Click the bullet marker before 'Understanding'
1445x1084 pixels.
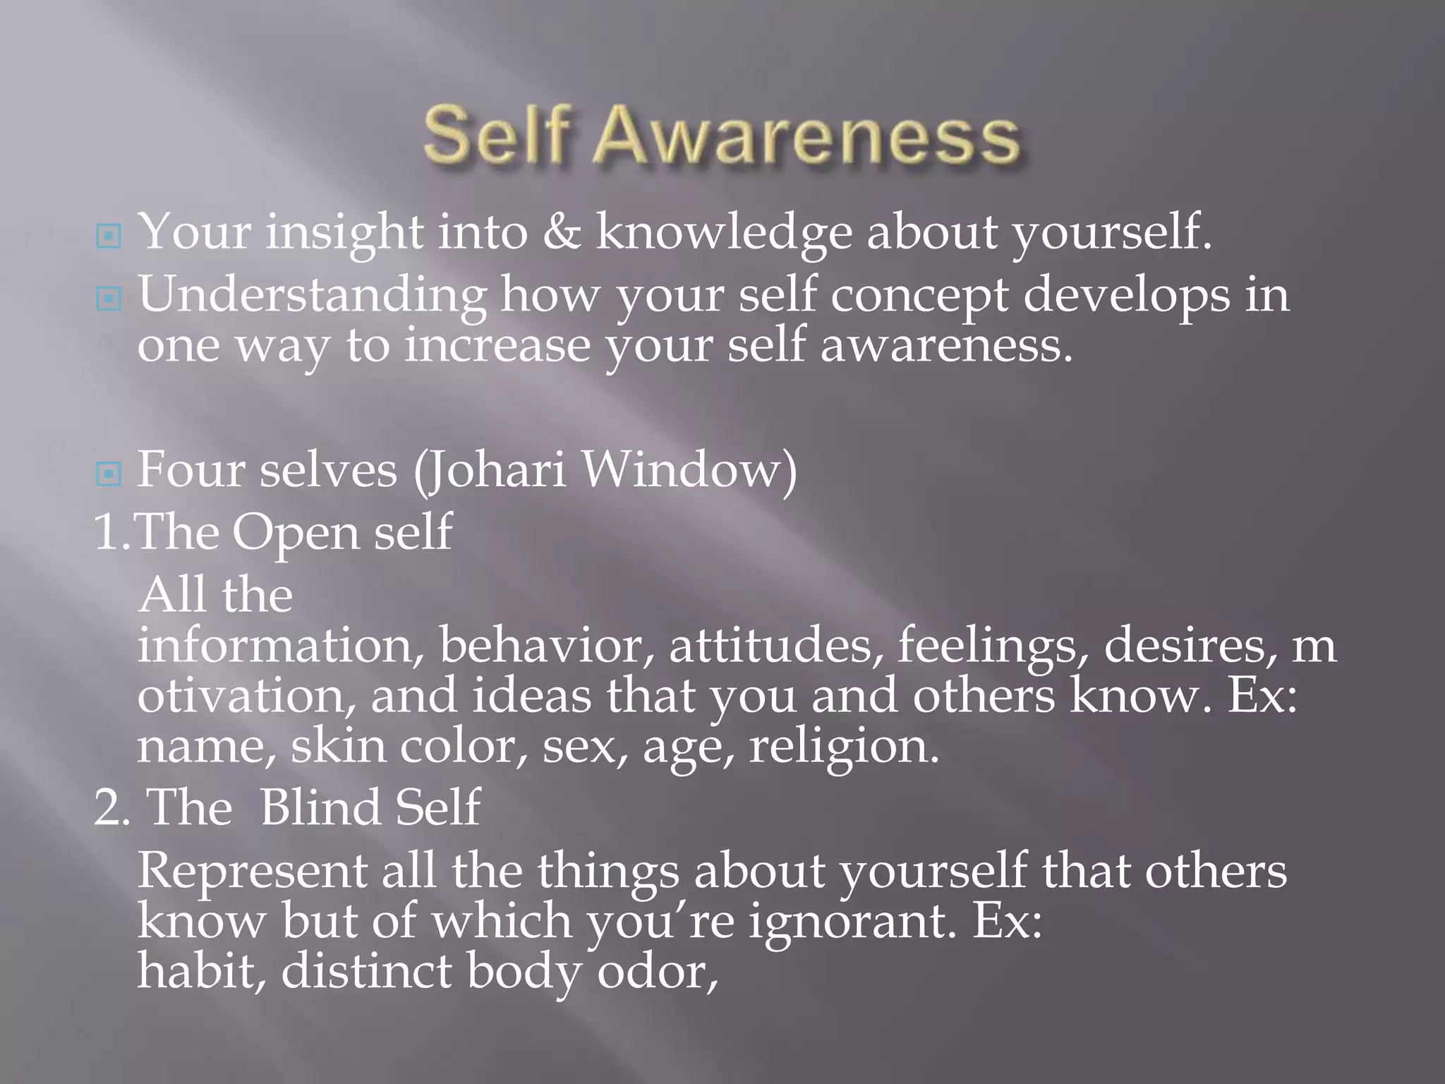[x=108, y=299]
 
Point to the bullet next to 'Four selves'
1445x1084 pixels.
[x=108, y=474]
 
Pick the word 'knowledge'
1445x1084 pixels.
[x=723, y=233]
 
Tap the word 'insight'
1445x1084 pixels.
[x=344, y=233]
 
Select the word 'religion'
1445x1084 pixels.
[x=843, y=747]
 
